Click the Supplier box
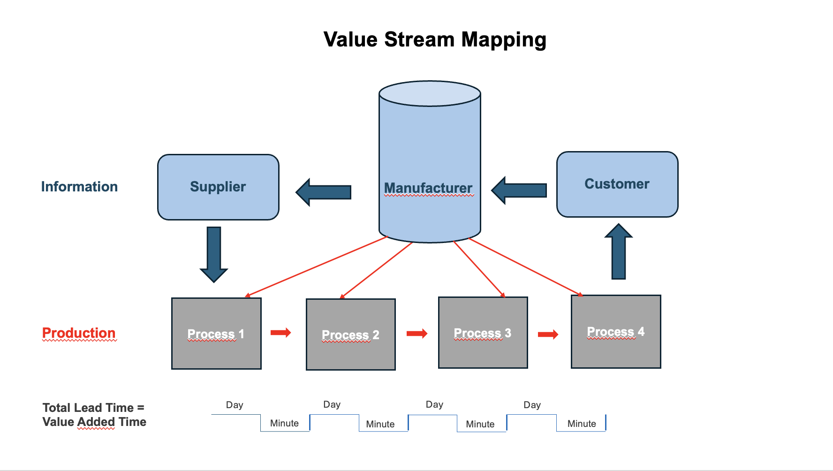[x=218, y=187]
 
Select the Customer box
[x=617, y=184]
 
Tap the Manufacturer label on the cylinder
[x=428, y=188]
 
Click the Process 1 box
[x=216, y=334]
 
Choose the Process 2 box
[x=351, y=334]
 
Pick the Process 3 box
[x=483, y=333]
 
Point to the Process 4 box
[x=616, y=332]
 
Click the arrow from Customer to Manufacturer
[x=519, y=190]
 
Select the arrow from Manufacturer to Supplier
[x=324, y=192]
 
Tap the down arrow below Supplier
[x=214, y=254]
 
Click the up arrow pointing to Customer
[x=619, y=251]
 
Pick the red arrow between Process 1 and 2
[x=281, y=333]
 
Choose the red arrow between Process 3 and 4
[x=548, y=334]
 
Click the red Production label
[x=79, y=333]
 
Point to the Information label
[x=79, y=187]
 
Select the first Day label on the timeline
[x=235, y=405]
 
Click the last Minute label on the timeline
[x=582, y=424]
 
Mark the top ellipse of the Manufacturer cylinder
[x=430, y=93]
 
